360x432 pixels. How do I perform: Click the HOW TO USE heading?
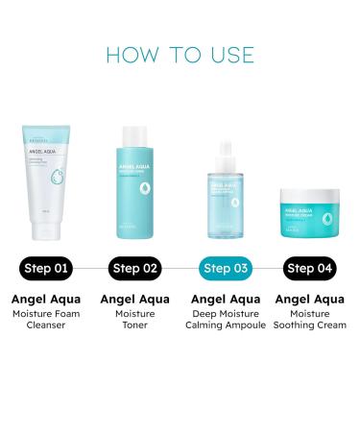(180, 53)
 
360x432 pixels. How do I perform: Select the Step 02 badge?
(135, 269)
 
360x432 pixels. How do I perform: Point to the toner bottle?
(136, 192)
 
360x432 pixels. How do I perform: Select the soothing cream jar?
(308, 217)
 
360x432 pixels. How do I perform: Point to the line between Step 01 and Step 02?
(92, 269)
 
